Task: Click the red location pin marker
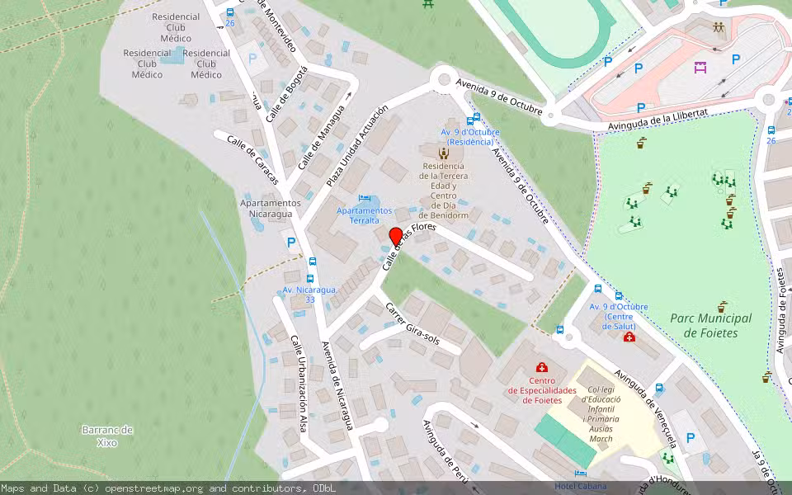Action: click(395, 236)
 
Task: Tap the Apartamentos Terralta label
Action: click(364, 215)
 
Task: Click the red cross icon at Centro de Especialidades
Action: click(541, 367)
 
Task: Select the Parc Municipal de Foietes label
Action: click(710, 325)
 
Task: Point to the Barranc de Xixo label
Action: click(107, 436)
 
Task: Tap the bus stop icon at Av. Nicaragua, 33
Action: click(311, 261)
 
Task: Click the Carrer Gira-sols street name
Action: click(412, 323)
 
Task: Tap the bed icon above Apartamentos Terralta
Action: click(364, 198)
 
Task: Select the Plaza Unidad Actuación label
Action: click(356, 145)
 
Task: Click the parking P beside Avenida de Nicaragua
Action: click(290, 243)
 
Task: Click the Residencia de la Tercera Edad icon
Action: click(444, 153)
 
